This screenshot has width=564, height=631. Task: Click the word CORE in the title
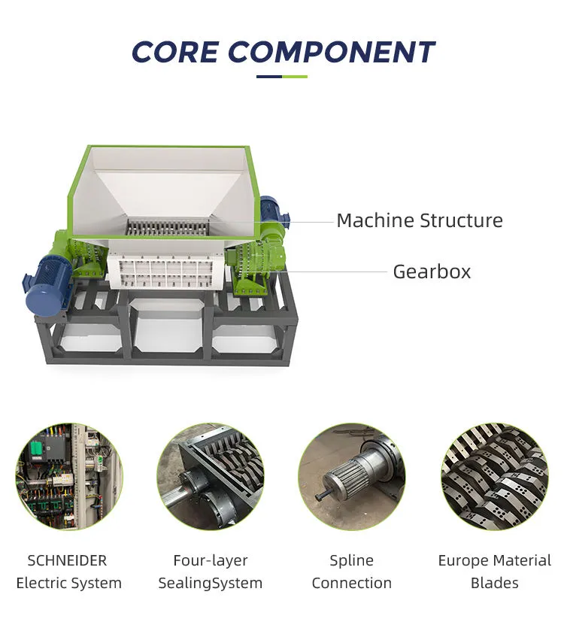tap(175, 53)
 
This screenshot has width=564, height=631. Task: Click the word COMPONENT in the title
tap(332, 53)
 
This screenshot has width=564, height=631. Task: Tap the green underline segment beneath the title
tap(295, 77)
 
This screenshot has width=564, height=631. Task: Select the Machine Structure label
tap(420, 220)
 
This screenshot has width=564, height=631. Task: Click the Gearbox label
tap(432, 272)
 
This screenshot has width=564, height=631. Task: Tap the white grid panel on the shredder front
tap(165, 272)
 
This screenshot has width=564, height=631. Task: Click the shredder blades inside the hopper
tap(168, 228)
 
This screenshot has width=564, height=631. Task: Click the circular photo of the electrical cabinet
tap(69, 477)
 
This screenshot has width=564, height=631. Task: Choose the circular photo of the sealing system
tap(211, 477)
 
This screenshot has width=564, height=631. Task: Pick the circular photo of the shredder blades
tap(495, 477)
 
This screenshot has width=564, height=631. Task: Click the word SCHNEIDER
tap(67, 560)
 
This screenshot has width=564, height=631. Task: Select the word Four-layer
tap(211, 560)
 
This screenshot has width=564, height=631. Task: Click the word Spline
tap(352, 561)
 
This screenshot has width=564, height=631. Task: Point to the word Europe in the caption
tap(463, 561)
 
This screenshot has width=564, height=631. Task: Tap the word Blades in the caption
tap(494, 583)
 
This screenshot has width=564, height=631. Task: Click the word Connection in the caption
tap(352, 583)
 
